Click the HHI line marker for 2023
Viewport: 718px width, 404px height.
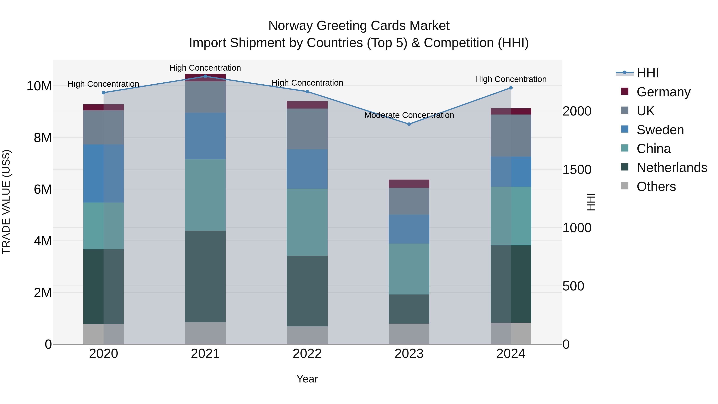409,124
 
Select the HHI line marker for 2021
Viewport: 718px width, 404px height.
205,76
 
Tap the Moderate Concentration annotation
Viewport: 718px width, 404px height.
409,115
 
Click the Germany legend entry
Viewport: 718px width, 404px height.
663,92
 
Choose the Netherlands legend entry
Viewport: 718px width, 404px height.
672,168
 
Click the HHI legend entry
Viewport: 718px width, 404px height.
647,73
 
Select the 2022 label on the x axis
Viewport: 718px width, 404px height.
307,354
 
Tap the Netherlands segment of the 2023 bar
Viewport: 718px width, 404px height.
409,309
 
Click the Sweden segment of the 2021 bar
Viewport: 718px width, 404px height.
205,136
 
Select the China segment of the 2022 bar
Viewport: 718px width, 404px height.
307,222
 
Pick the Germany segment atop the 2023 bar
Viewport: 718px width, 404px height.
409,184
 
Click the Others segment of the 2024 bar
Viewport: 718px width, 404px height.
511,333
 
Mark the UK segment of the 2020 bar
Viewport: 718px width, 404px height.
103,127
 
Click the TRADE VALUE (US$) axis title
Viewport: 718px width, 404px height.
6,202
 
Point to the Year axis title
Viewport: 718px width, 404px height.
307,379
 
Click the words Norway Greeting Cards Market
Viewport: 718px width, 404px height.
359,26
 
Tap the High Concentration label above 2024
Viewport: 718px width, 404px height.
511,79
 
